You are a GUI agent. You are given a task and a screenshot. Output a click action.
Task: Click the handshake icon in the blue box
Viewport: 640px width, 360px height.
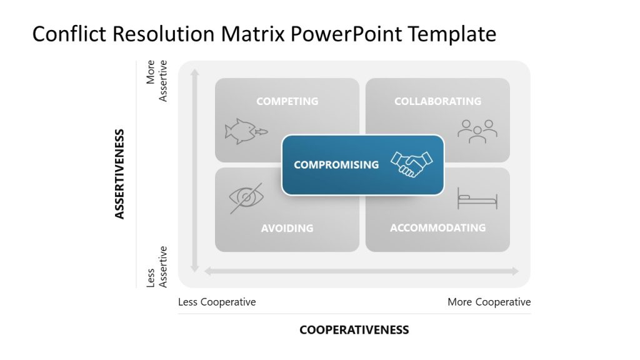411,164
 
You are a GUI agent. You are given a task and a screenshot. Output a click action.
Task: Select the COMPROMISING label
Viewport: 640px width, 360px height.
336,165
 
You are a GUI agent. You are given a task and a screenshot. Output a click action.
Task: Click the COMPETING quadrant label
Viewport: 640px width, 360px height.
287,101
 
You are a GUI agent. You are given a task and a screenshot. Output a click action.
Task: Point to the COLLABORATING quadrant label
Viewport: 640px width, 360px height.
437,101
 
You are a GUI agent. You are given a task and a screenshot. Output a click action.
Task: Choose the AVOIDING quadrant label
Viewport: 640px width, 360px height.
287,228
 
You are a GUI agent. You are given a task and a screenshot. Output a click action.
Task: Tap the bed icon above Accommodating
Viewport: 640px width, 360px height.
477,198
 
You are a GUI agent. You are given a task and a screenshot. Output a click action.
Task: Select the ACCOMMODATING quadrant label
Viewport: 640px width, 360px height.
437,228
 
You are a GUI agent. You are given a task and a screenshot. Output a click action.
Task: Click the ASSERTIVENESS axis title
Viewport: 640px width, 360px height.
119,174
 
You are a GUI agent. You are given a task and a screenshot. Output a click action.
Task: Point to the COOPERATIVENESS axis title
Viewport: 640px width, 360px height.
354,330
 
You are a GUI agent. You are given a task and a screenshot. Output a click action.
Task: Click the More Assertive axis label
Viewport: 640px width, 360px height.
157,81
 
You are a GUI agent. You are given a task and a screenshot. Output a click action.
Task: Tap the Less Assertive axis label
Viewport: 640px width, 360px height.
157,267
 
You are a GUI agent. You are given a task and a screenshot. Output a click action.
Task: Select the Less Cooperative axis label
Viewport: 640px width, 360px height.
217,302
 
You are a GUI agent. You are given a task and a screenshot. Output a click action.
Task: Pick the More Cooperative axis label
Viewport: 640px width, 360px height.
489,302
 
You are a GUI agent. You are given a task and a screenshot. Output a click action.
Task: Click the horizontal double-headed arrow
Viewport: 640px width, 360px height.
361,271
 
